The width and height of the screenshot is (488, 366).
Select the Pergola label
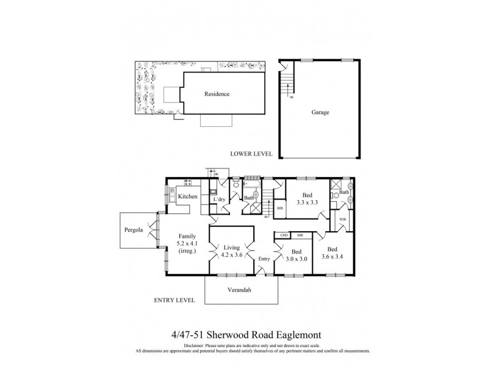click(x=133, y=230)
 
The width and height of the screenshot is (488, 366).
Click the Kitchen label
click(x=187, y=196)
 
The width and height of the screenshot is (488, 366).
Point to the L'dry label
click(x=220, y=199)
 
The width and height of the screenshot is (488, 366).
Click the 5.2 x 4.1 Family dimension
click(x=187, y=243)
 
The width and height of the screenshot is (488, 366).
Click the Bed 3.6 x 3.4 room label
click(x=334, y=253)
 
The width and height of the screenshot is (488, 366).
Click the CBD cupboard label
click(x=284, y=235)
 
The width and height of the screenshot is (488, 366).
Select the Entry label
click(x=264, y=259)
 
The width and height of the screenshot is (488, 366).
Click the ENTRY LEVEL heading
click(x=174, y=300)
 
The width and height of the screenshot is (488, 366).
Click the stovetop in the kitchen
click(x=187, y=181)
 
